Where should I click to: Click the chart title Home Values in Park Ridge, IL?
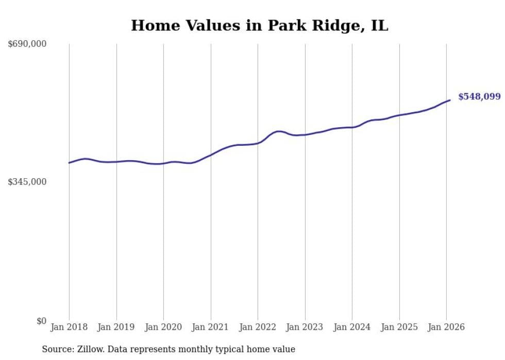point(259,26)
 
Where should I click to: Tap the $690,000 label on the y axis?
point(27,44)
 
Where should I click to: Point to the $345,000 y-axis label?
point(27,182)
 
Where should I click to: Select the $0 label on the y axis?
point(41,321)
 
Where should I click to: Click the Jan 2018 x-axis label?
point(69,327)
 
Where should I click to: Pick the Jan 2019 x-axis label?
point(116,327)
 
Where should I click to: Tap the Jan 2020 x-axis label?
point(163,327)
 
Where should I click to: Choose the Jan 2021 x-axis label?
point(211,327)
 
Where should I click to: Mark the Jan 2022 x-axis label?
point(258,327)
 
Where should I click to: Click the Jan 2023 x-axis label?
point(305,327)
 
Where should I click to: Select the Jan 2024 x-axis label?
point(352,327)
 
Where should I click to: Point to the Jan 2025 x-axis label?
point(399,327)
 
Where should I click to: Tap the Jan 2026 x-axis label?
point(446,327)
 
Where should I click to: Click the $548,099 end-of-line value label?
point(479,97)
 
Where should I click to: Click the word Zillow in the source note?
point(88,349)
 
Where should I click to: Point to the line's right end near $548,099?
point(450,100)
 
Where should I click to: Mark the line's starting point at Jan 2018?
point(69,163)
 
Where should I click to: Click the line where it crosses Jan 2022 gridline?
point(258,143)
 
